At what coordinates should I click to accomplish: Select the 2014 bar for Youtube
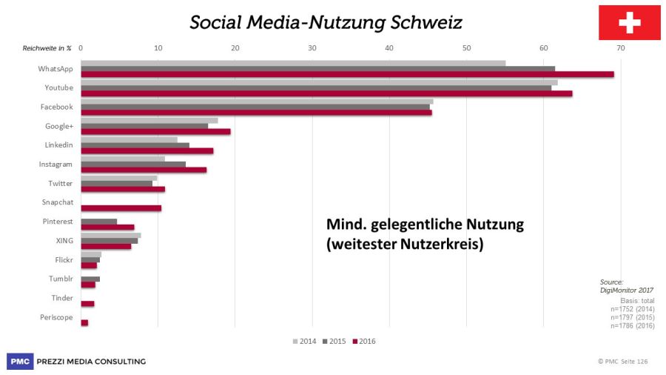click(319, 82)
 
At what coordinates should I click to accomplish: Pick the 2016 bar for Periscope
click(84, 322)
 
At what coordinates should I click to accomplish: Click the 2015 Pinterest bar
click(98, 221)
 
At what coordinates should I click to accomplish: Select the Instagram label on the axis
click(56, 164)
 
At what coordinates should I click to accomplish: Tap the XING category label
click(64, 240)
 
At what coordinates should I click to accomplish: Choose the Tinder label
click(62, 298)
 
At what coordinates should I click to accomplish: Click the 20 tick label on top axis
click(235, 48)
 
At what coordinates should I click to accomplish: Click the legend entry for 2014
click(304, 341)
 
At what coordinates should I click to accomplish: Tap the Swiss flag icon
click(629, 23)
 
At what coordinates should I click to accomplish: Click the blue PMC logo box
click(20, 361)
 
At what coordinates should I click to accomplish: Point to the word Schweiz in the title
click(424, 23)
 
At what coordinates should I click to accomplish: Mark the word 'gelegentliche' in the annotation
click(420, 225)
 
